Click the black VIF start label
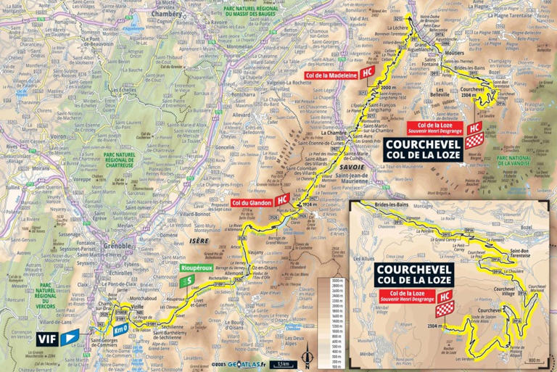pyautogui.click(x=48, y=337)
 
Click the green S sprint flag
pyautogui.click(x=190, y=278)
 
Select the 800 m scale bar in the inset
pyautogui.click(x=534, y=358)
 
